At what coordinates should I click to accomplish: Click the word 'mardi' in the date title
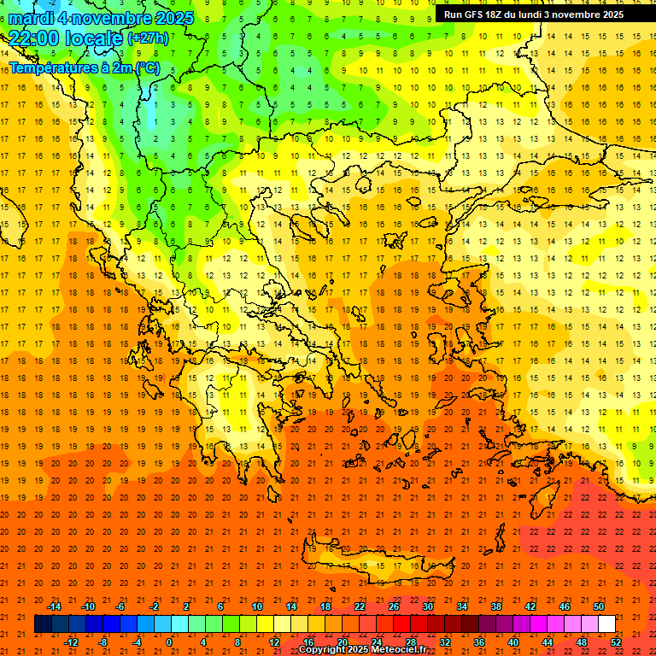[x=32, y=18]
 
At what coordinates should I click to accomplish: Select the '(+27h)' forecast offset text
[x=148, y=38]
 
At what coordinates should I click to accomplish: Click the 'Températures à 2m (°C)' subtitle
[x=85, y=67]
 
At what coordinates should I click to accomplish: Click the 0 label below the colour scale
[x=168, y=642]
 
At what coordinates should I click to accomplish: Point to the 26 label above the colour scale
[x=394, y=606]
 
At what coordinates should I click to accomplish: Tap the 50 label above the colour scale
[x=599, y=606]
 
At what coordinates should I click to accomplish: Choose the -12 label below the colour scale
[x=72, y=642]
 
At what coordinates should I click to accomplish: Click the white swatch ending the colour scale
[x=606, y=624]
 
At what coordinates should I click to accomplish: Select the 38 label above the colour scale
[x=495, y=606]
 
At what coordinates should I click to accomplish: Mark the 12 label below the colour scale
[x=274, y=642]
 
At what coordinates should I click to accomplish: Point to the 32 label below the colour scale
[x=445, y=642]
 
